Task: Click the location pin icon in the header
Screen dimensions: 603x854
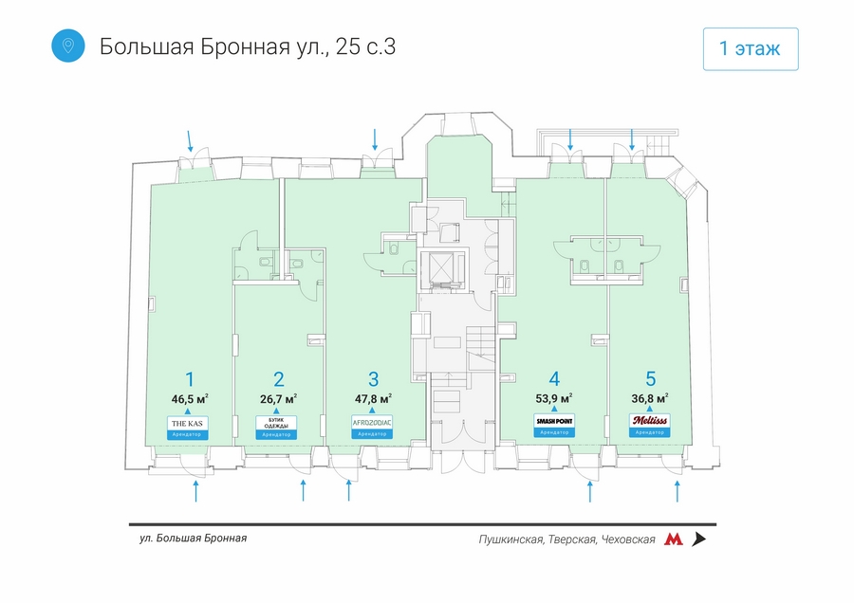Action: click(68, 46)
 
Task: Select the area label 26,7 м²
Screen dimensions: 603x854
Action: click(279, 398)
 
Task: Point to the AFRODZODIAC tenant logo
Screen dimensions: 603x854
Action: click(372, 421)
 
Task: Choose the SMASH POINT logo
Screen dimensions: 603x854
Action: click(554, 420)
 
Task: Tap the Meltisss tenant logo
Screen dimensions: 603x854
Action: click(649, 420)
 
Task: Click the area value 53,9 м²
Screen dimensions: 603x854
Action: click(554, 398)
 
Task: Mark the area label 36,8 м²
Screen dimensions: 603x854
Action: click(649, 398)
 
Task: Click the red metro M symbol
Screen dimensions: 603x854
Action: click(673, 539)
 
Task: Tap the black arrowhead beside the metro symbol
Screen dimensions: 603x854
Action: click(699, 539)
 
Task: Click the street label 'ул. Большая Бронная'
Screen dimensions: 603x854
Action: click(193, 539)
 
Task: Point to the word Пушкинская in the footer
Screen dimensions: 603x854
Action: click(511, 539)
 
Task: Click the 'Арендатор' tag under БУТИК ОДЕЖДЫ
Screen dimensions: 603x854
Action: click(277, 433)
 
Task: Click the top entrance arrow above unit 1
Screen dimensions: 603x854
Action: click(191, 141)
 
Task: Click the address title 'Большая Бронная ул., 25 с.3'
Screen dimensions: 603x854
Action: click(247, 47)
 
